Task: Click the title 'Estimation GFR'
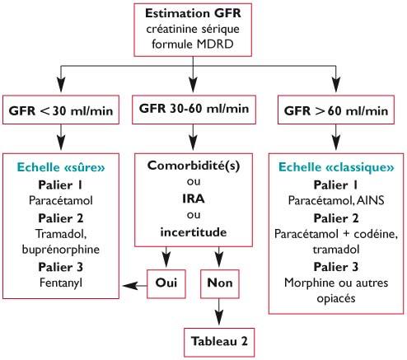click(x=193, y=13)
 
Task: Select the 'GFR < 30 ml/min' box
click(x=61, y=110)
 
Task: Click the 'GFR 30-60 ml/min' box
click(x=194, y=110)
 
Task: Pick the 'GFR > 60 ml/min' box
click(x=336, y=110)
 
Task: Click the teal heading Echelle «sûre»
click(x=61, y=167)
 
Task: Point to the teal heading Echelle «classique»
click(x=336, y=167)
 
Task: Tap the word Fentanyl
click(x=61, y=283)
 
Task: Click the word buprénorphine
click(x=61, y=250)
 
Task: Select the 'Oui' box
click(x=166, y=283)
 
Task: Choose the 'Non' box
click(x=220, y=283)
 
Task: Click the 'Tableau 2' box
click(x=219, y=342)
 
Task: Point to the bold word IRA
click(x=194, y=199)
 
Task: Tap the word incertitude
click(x=194, y=232)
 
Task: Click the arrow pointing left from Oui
click(x=135, y=286)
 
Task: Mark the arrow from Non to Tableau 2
click(x=219, y=312)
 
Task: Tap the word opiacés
click(x=336, y=298)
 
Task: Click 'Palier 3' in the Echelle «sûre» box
click(x=61, y=267)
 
